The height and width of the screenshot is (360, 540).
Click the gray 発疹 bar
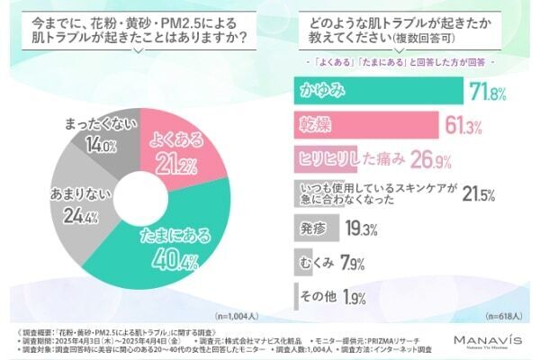319,229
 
